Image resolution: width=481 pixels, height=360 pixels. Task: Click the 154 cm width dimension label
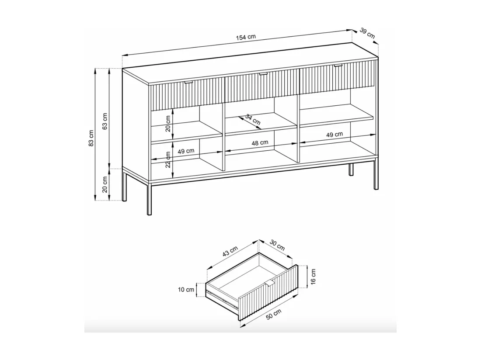click(246, 37)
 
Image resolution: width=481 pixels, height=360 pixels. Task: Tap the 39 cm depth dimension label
click(367, 33)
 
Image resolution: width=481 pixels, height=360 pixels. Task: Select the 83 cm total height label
click(91, 138)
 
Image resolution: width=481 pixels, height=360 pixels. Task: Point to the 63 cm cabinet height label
click(105, 121)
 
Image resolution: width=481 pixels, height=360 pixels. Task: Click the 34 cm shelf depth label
click(253, 119)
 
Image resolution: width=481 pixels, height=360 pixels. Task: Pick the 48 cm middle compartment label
click(260, 143)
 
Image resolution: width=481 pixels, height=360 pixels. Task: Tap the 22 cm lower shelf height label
click(168, 159)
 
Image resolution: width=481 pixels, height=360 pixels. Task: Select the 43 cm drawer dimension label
click(230, 251)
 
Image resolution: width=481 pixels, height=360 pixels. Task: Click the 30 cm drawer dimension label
click(277, 245)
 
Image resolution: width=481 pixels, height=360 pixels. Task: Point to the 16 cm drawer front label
click(313, 277)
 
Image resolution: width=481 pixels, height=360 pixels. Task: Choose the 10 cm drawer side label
click(186, 290)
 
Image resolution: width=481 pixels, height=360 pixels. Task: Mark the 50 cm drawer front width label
click(273, 315)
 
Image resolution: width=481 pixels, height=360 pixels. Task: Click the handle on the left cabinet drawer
click(188, 82)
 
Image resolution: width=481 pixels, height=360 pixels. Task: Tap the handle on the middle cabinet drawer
click(263, 73)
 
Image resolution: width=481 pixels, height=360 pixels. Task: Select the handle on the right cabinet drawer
click(338, 65)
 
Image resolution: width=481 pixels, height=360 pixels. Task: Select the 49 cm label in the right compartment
click(335, 135)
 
